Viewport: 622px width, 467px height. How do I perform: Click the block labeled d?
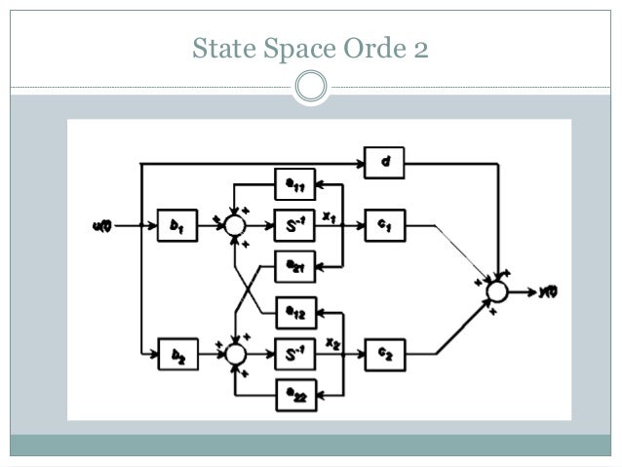pos(384,163)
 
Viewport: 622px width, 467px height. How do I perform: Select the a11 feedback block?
pos(294,183)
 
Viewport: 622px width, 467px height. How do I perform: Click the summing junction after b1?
pos(234,225)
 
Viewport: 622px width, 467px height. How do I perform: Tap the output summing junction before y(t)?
pos(497,291)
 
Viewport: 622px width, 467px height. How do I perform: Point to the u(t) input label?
pos(102,226)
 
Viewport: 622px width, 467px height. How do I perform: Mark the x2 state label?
pos(332,343)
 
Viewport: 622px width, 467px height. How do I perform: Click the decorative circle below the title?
pos(311,87)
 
